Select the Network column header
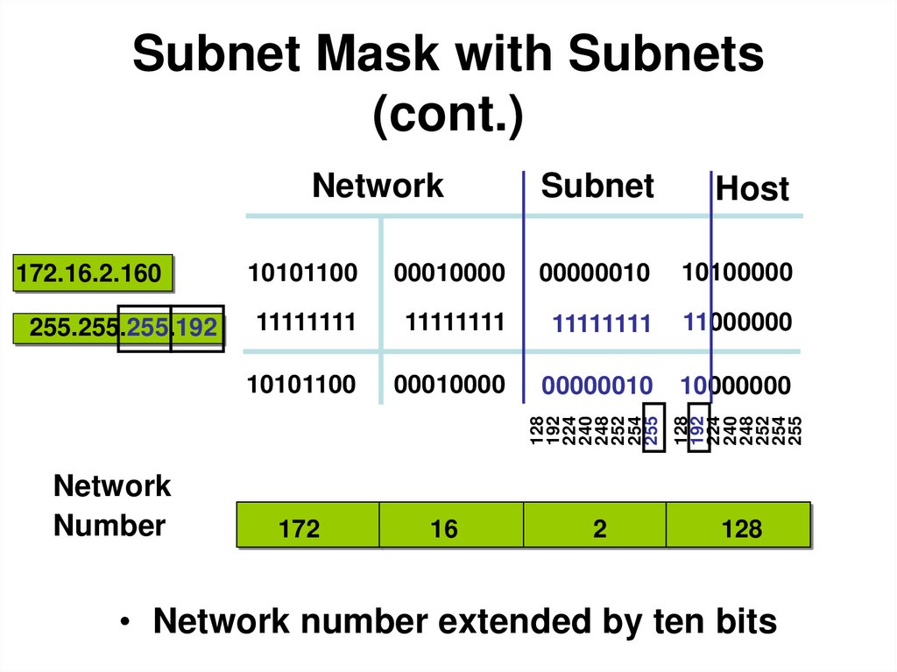[378, 187]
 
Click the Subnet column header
[597, 187]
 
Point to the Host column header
[752, 189]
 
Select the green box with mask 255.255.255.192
[119, 329]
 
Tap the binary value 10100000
[737, 273]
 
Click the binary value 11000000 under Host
[737, 323]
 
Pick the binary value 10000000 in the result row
[736, 386]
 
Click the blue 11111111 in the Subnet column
[602, 324]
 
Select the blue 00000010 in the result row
[597, 386]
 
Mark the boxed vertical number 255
[653, 429]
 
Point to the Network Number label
[111, 506]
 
